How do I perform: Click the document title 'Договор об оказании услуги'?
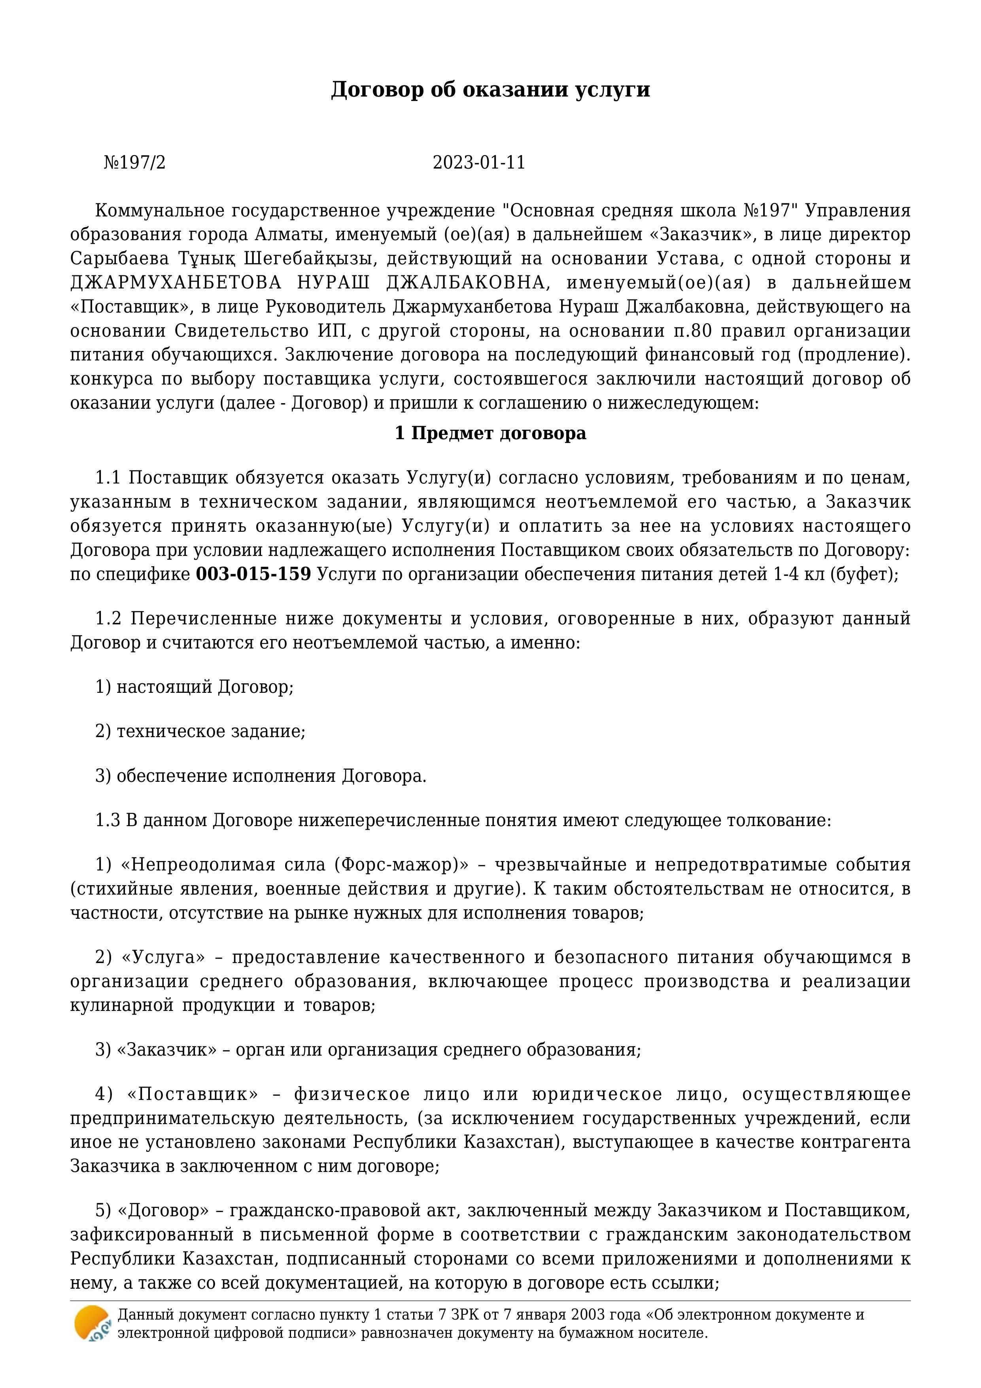pos(490,89)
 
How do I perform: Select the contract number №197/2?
pos(134,163)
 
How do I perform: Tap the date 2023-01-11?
pos(478,163)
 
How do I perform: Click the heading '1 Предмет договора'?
pos(490,433)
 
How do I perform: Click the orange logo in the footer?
pos(92,1324)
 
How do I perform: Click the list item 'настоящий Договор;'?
pos(204,687)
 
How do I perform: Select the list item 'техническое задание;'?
pos(211,732)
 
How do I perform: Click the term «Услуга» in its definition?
pos(163,958)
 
